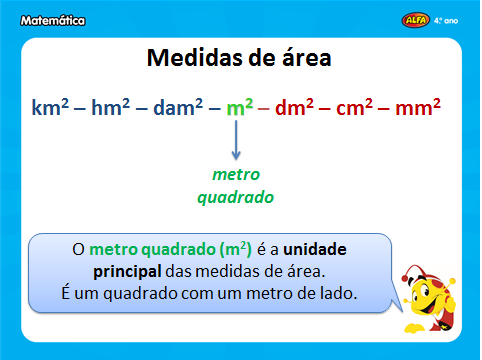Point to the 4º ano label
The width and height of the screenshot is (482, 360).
[x=454, y=18]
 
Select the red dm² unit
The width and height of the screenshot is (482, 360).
[x=297, y=106]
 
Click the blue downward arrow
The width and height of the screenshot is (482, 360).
[x=236, y=141]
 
